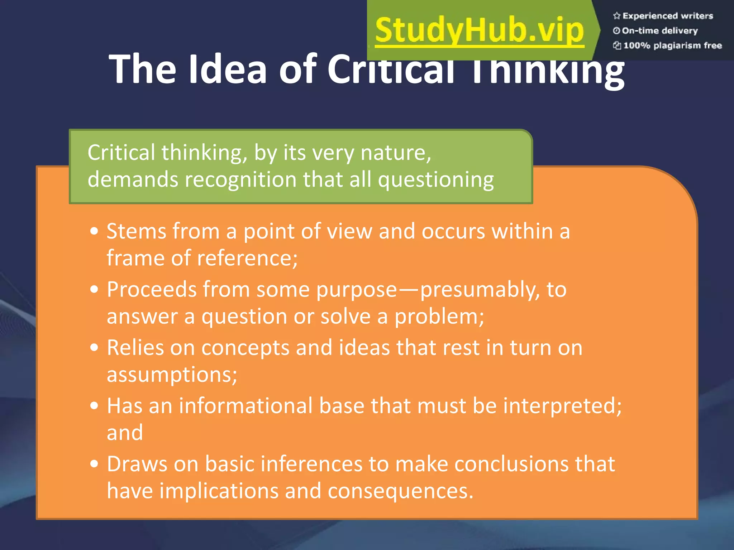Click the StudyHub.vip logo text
coord(480,31)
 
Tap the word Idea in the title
coord(228,69)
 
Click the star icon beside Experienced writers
coord(616,16)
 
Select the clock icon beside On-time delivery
coord(616,31)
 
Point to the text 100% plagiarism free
coord(672,45)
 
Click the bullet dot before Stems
coord(94,231)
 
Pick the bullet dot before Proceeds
coord(94,289)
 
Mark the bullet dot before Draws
coord(94,464)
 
